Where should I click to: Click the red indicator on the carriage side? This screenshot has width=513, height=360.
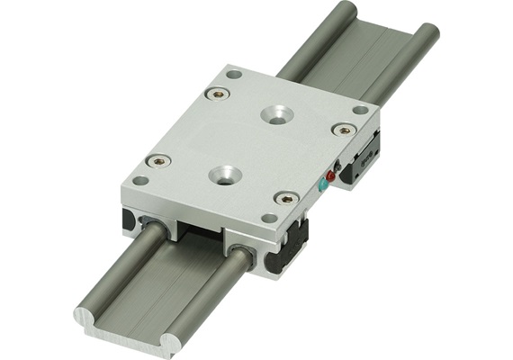[330, 176]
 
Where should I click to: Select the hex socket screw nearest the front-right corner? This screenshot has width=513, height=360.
[285, 198]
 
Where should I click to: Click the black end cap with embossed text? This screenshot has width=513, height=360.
[365, 158]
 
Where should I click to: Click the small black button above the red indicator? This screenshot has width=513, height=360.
[336, 166]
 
